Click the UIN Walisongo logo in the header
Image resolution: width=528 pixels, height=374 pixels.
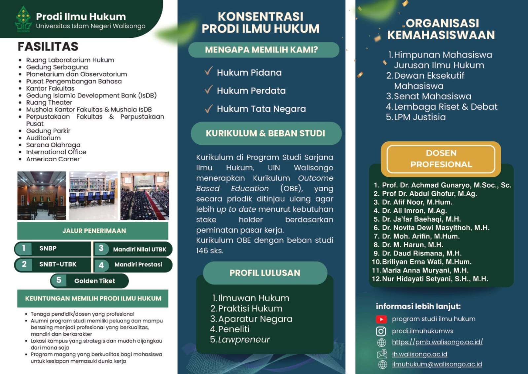coord(23,19)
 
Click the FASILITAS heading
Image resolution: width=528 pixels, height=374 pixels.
coord(48,47)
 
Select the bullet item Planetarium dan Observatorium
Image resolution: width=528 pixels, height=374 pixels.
coord(76,74)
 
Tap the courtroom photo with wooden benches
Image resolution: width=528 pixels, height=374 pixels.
coord(42,196)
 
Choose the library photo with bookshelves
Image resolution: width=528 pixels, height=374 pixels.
coord(93,196)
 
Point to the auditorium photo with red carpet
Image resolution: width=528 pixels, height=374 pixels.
coord(145,196)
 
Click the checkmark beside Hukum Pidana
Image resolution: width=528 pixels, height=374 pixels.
coord(208,71)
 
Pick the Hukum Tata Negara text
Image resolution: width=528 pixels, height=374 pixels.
coord(261,109)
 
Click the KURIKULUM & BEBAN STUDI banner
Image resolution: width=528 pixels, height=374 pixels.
coord(266,133)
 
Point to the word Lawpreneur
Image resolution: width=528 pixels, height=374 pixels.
coord(244,339)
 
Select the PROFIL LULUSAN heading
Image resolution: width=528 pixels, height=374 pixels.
coord(265,273)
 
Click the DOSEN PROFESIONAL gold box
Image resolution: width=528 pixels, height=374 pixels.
coord(441,159)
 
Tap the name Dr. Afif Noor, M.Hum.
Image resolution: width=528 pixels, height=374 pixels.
coord(417,202)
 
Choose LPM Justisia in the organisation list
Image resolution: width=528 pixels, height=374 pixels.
coord(419,117)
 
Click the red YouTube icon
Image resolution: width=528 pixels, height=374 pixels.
coord(381,319)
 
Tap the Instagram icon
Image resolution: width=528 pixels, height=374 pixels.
coord(381,331)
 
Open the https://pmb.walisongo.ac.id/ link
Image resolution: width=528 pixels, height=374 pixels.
coord(437,342)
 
